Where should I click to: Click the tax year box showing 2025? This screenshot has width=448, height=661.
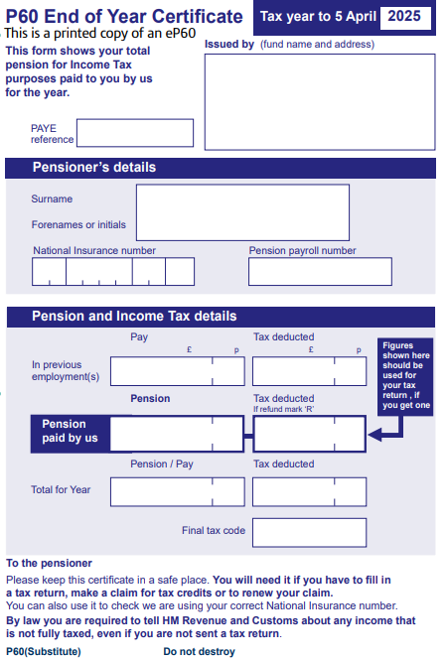pos(404,16)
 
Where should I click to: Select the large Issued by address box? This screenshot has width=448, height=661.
pos(319,100)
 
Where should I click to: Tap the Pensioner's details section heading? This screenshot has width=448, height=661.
pos(94,168)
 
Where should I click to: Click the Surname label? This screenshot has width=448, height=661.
pos(52,199)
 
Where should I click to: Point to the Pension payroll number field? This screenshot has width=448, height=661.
pos(320,272)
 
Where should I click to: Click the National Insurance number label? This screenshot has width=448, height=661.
pos(94,251)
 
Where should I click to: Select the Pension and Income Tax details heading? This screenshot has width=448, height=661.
pos(134,317)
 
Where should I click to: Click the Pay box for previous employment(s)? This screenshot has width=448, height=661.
pos(176,371)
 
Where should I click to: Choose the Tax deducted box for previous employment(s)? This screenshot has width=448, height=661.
pos(309,371)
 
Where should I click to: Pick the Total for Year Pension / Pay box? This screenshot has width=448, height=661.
pos(176,491)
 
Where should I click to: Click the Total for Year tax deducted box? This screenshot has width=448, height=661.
pos(309,491)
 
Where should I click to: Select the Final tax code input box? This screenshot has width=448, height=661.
pos(309,532)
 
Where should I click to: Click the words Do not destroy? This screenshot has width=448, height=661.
pos(199,652)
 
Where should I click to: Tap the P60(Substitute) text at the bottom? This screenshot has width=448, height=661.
pos(44,652)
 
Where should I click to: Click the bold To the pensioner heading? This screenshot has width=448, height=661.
pos(49,563)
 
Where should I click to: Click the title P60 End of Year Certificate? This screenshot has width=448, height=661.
pos(124,16)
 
